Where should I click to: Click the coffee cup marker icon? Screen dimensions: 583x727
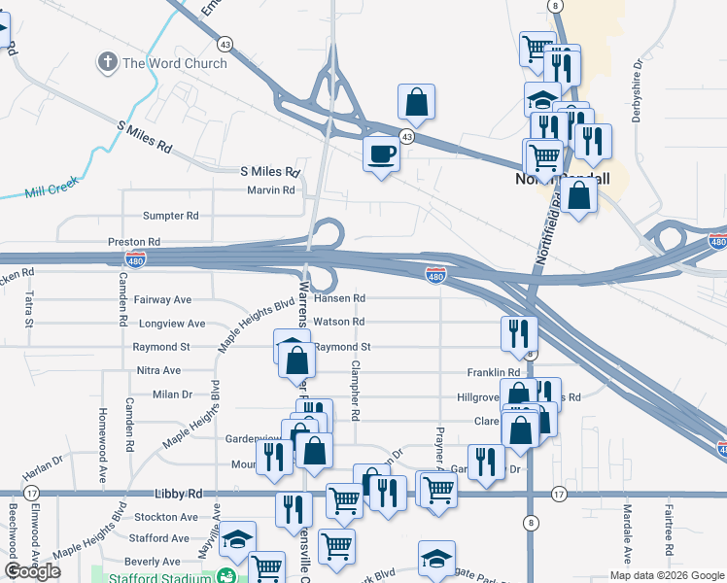(x=381, y=154)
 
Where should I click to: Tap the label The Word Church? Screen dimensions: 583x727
(x=175, y=64)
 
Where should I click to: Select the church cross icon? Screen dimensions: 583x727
(x=107, y=64)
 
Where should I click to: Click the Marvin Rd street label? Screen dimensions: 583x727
(x=270, y=190)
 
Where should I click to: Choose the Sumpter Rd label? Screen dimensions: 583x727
(x=170, y=216)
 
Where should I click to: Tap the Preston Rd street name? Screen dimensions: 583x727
(x=134, y=241)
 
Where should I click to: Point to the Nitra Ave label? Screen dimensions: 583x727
(x=158, y=370)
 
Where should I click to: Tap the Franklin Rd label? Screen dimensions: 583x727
(x=494, y=372)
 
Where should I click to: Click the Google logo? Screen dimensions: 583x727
(x=32, y=571)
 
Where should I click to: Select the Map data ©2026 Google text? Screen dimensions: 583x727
(x=666, y=575)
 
